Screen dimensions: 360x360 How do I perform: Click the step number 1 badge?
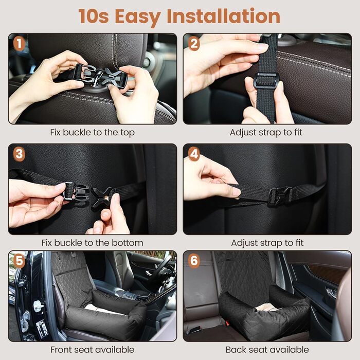tap(19, 44)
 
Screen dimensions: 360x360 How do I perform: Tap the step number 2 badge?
tap(194, 44)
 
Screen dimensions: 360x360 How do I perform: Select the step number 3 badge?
tap(19, 154)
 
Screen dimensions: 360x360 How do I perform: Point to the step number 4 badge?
tap(194, 154)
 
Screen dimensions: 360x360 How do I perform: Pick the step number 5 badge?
tap(19, 261)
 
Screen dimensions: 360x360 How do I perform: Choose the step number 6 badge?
tap(194, 261)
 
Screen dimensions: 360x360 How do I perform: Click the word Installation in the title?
tap(223, 16)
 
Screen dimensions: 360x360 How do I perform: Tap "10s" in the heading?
tap(94, 16)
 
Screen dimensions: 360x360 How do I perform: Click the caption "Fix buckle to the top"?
tap(92, 133)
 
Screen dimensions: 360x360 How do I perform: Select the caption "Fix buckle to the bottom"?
tap(92, 243)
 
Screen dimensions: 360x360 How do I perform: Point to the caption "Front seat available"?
tap(92, 350)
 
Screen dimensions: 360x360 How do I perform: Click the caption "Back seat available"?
tap(267, 350)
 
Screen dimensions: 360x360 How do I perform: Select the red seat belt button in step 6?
tap(227, 323)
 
